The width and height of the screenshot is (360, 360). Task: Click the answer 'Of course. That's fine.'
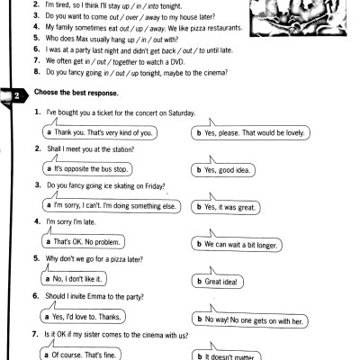pyautogui.click(x=91, y=355)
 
